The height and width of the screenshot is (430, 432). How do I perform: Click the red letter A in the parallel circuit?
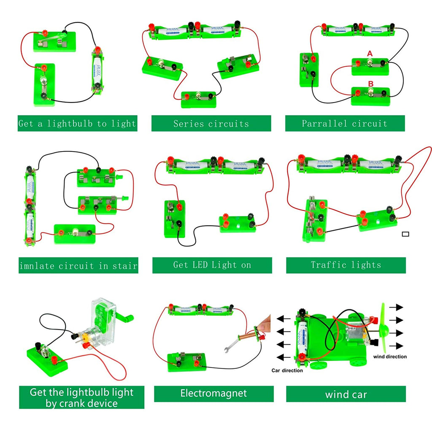pos(370,54)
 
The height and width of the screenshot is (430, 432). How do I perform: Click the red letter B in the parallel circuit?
pos(370,84)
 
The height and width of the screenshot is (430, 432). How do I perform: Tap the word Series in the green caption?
pos(188,124)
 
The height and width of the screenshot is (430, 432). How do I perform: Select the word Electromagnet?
pos(213,393)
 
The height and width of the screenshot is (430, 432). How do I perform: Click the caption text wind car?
pos(346,395)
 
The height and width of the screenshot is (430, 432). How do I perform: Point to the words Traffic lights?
pos(346,265)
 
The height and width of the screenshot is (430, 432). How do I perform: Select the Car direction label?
pos(287,371)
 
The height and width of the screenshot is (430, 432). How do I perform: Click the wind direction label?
pos(390,357)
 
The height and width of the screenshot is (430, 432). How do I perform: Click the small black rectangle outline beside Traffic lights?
pos(406,234)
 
